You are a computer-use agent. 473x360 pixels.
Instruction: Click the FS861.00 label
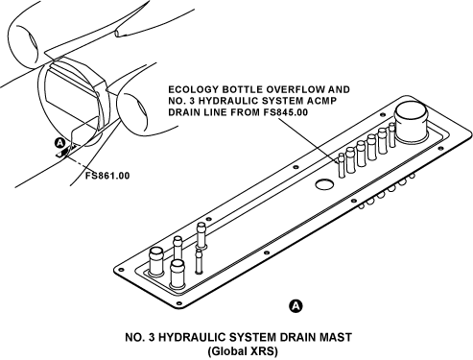click(107, 176)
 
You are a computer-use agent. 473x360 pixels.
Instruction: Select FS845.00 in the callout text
click(286, 112)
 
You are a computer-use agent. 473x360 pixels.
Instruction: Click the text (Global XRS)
click(243, 351)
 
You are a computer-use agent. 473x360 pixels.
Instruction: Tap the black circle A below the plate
click(296, 306)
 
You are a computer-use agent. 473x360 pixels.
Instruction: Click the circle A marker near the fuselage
click(60, 143)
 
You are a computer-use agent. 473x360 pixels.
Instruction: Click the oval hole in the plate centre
click(324, 184)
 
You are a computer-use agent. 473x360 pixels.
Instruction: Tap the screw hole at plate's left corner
click(120, 270)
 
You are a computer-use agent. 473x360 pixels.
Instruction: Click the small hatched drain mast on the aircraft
click(65, 152)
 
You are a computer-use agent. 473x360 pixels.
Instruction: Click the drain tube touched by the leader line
click(342, 165)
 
